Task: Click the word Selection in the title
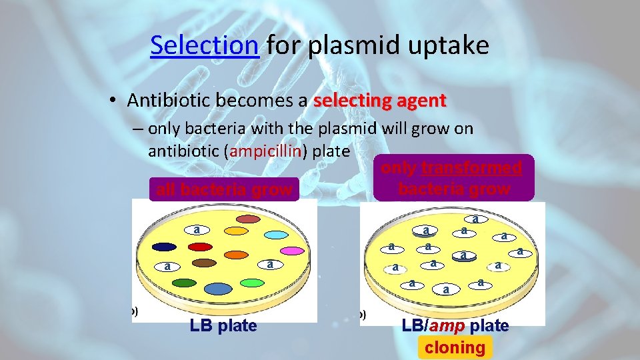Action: [x=204, y=45]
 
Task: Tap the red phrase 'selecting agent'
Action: [x=379, y=101]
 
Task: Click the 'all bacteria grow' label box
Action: [x=223, y=190]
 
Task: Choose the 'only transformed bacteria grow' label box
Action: [x=454, y=178]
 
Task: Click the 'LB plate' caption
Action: [x=223, y=326]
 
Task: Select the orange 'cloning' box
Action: [x=455, y=347]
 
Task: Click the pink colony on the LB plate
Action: [x=292, y=251]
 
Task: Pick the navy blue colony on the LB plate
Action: [x=164, y=247]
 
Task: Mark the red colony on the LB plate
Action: [x=201, y=247]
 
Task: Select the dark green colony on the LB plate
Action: [x=184, y=283]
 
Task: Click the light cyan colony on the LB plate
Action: [x=276, y=234]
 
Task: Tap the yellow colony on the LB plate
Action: [x=235, y=231]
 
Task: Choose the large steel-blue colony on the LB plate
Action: [x=217, y=288]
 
